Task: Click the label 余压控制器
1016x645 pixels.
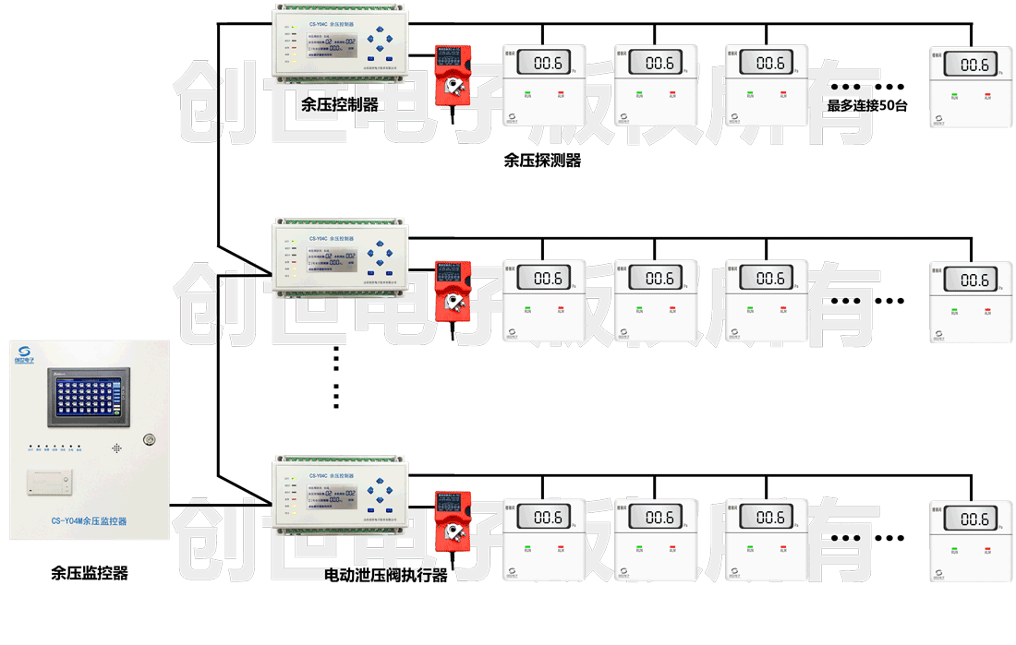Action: [339, 105]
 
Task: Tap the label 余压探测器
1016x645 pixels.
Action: [542, 160]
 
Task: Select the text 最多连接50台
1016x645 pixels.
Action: [867, 105]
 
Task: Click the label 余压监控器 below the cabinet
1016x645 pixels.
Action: [89, 573]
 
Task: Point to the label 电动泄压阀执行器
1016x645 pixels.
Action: [385, 575]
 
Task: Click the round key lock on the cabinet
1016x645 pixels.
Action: [150, 440]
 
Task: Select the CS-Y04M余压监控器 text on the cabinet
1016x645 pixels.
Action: [89, 521]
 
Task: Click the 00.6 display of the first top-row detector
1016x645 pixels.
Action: [546, 64]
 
